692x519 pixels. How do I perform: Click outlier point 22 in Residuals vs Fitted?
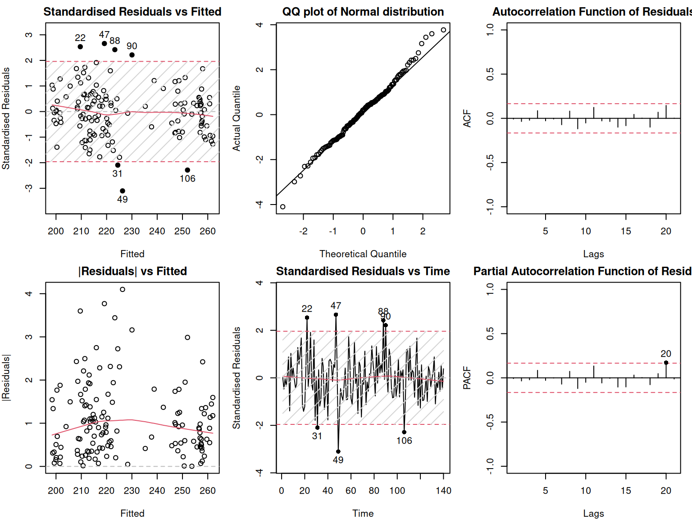80,47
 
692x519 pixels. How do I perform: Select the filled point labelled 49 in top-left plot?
123,191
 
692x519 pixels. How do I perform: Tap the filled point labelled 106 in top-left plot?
187,170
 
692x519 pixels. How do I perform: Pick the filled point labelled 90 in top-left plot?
132,55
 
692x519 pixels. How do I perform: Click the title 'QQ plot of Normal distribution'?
363,12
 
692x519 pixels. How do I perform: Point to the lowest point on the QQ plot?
283,207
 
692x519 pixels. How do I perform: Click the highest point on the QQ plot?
443,30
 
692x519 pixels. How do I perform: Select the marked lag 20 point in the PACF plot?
666,363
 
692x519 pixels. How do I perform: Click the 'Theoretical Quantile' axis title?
363,254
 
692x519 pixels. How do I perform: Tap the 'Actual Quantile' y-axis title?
237,118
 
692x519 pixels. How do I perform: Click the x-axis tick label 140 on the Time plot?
443,491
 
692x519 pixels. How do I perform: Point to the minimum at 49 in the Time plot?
338,451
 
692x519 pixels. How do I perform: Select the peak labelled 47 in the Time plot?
336,315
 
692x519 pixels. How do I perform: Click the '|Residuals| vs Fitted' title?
132,271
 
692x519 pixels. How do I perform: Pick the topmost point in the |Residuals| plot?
123,290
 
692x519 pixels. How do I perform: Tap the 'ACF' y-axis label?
467,118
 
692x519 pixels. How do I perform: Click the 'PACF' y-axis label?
467,378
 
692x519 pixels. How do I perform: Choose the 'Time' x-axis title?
363,514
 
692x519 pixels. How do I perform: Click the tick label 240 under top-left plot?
157,231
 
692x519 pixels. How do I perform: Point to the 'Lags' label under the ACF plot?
593,254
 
